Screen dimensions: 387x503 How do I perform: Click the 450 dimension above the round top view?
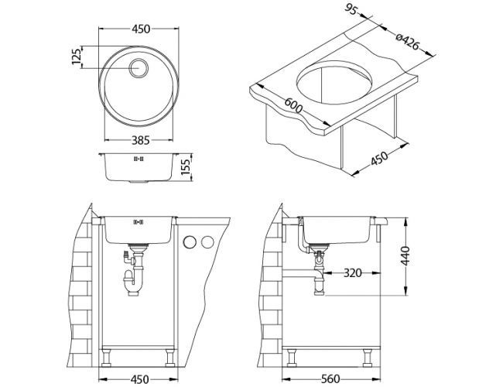[140, 29]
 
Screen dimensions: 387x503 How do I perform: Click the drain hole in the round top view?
[140, 67]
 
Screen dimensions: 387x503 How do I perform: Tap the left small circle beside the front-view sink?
[189, 244]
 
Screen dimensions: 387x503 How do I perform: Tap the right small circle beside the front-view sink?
[206, 244]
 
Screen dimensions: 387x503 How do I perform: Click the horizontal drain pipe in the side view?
[302, 272]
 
